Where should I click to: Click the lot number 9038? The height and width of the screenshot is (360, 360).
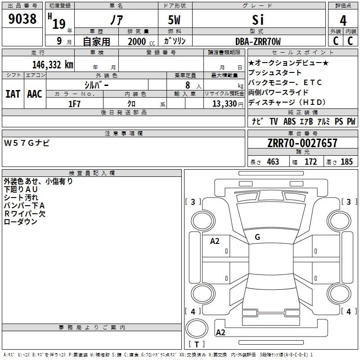coord(22,18)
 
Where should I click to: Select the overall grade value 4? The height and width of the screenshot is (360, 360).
coord(343,20)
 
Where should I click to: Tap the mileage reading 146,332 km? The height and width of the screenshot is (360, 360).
coord(53,65)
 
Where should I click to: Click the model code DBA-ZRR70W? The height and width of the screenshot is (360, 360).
coord(258,41)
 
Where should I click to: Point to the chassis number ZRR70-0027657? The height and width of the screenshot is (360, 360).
coord(302,143)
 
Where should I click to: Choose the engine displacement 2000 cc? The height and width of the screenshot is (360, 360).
coord(141,41)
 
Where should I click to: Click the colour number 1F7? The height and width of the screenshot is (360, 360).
coord(74,104)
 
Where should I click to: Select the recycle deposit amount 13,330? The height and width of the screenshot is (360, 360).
coord(225,104)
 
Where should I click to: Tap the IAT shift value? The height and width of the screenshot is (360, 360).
coord(13,94)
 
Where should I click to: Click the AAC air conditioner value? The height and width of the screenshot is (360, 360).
coord(35,94)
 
